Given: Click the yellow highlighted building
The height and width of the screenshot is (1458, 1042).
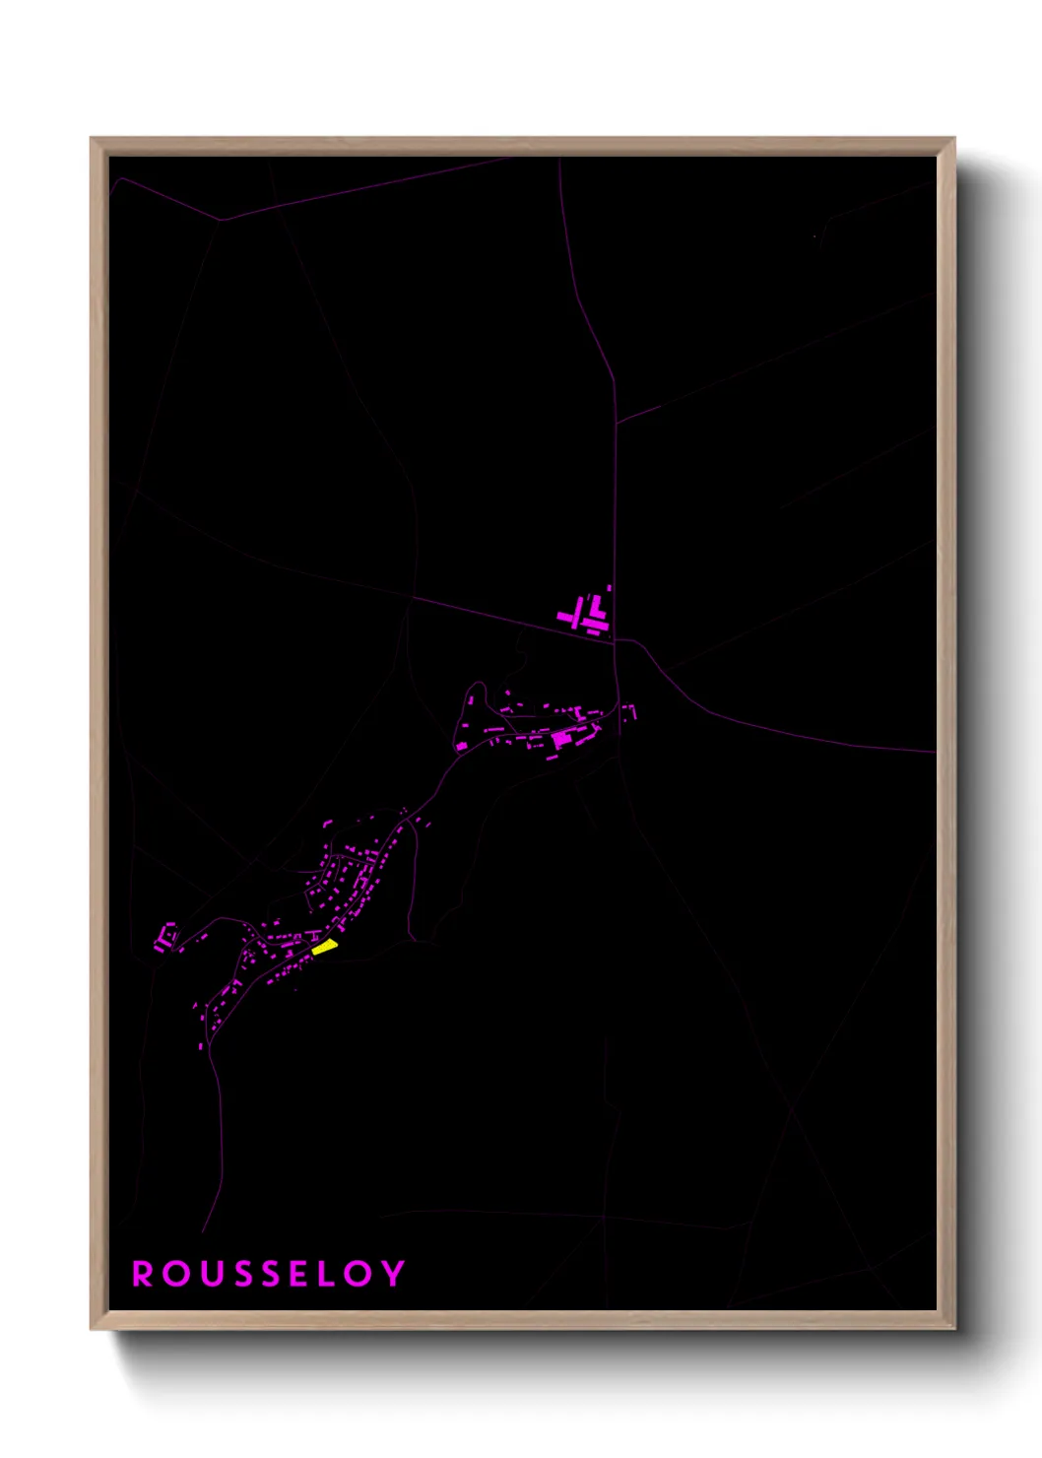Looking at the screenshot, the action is [325, 948].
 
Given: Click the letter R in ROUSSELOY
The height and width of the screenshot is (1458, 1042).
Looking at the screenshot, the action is [144, 1274].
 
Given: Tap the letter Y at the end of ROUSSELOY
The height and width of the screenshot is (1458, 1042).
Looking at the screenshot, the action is [393, 1274].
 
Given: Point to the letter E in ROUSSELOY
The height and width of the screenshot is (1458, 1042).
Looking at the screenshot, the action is [301, 1274].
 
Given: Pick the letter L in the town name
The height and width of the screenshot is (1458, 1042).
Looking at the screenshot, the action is [331, 1274].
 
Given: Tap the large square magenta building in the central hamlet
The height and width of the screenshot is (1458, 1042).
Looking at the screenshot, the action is [560, 738].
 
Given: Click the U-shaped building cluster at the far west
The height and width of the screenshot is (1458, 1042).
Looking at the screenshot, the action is [164, 936].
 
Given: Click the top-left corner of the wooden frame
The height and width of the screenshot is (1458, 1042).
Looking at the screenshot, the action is [92, 139].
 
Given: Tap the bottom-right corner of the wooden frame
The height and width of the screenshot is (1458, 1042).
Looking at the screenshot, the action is [954, 1329].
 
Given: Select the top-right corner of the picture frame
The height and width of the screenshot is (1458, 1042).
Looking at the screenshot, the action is [954, 139].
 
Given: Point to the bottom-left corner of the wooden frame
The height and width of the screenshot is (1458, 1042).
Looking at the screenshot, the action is [92, 1329].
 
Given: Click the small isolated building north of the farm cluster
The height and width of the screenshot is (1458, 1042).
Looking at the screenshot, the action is [609, 588].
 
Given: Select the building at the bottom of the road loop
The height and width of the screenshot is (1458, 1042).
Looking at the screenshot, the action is [461, 747].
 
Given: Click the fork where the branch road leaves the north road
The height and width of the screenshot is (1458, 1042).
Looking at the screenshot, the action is [617, 424].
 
